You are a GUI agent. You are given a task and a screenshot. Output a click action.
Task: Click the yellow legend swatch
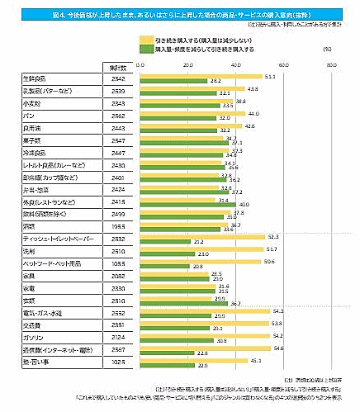145,39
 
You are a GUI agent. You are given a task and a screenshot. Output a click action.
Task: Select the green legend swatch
145,48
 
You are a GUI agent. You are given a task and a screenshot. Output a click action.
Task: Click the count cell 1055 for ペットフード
117,262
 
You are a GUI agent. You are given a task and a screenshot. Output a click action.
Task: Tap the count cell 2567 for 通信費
117,350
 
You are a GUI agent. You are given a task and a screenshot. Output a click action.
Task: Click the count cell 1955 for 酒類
117,225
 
